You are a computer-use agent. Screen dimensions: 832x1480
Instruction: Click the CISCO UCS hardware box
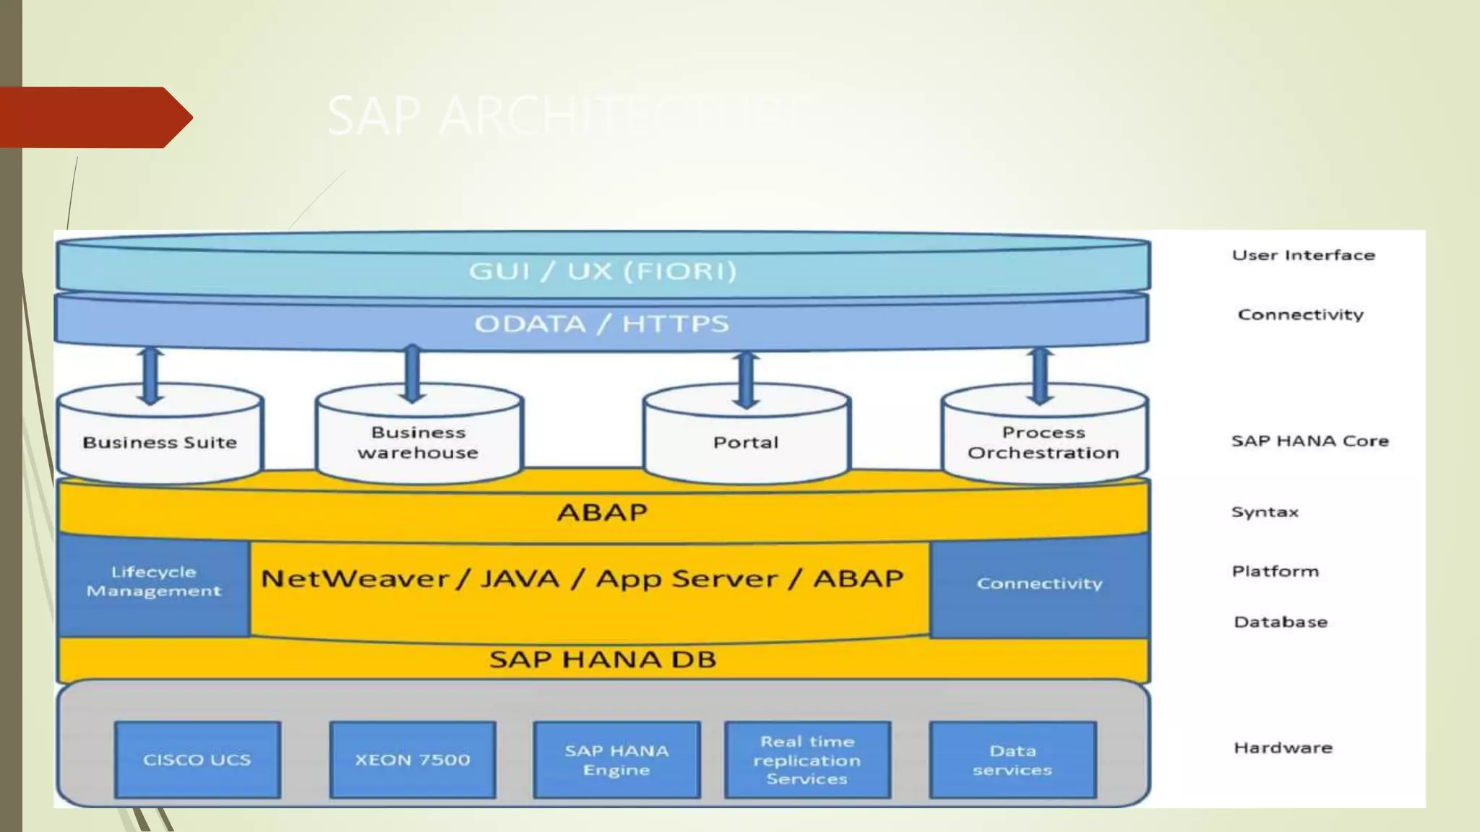click(x=197, y=759)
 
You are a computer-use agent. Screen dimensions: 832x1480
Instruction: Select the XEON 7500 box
click(x=413, y=759)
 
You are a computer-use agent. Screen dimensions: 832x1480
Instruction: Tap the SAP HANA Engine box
click(x=616, y=759)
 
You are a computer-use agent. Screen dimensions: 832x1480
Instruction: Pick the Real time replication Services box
click(x=807, y=759)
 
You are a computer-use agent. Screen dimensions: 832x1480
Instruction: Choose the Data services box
click(x=1012, y=759)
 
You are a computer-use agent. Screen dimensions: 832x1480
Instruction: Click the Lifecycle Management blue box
click(x=153, y=582)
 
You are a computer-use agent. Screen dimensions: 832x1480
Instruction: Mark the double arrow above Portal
click(x=746, y=379)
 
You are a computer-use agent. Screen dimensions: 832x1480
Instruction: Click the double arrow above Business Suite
click(x=150, y=376)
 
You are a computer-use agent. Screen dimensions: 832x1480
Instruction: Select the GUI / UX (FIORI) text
click(x=603, y=271)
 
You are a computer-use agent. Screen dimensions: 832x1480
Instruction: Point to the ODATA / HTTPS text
click(x=602, y=324)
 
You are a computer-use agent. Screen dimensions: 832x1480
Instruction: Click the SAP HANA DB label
click(x=603, y=659)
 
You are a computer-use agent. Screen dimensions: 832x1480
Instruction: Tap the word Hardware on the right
click(x=1283, y=747)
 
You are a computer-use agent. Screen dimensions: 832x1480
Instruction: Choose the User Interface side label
click(x=1303, y=255)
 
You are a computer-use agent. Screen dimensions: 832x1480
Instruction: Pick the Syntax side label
click(x=1265, y=512)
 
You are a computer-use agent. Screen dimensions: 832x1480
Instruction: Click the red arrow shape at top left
click(x=94, y=117)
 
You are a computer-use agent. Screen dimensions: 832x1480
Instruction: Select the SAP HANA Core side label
click(x=1309, y=441)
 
